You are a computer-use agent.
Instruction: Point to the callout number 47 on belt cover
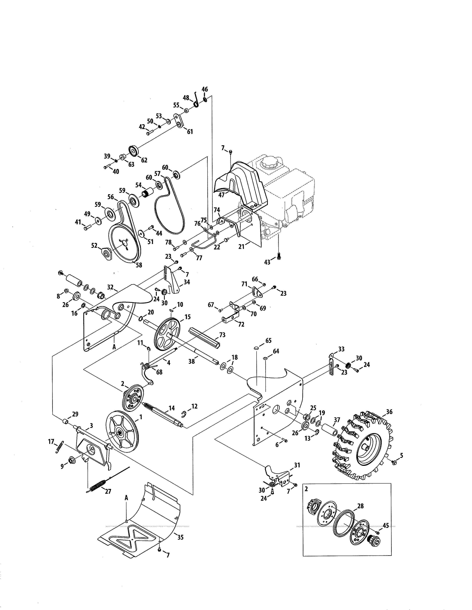click(221, 195)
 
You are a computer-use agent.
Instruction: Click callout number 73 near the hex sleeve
click(222, 335)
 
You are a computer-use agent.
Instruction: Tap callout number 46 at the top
click(205, 89)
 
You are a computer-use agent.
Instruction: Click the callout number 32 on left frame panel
click(110, 287)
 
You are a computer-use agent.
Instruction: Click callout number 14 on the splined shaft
click(172, 408)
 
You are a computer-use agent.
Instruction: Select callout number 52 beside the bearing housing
click(94, 245)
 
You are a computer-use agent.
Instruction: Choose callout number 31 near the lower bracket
click(297, 465)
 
